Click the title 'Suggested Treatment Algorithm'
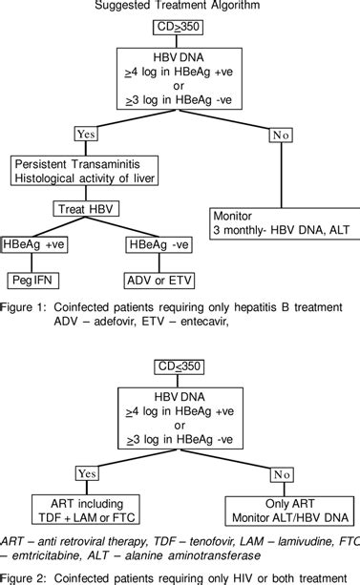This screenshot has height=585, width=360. click(x=179, y=8)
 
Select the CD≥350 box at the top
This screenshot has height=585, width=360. click(x=179, y=30)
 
